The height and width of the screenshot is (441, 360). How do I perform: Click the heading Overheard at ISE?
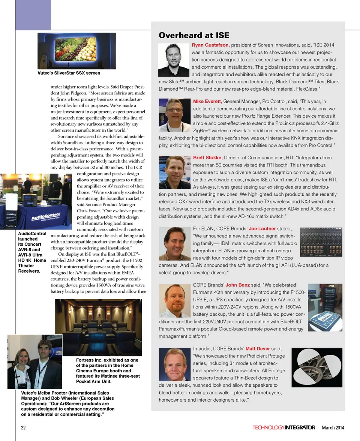tap(193, 35)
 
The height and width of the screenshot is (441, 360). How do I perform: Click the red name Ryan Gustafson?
tap(210, 45)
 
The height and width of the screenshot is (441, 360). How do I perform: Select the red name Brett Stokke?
tap(208, 157)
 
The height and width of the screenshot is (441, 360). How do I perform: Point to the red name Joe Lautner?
tap(262, 228)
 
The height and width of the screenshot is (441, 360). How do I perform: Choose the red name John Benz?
tap(237, 285)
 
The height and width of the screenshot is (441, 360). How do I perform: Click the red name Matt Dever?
tap(258, 348)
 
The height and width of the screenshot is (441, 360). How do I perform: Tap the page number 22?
tap(23, 427)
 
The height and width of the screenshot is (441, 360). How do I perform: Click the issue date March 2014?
tap(333, 427)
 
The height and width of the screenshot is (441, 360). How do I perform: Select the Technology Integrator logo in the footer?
tap(283, 427)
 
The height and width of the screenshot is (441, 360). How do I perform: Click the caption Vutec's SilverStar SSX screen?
tap(69, 73)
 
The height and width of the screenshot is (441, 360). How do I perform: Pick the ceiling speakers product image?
tap(317, 367)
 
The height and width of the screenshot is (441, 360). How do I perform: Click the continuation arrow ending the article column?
tap(144, 291)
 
